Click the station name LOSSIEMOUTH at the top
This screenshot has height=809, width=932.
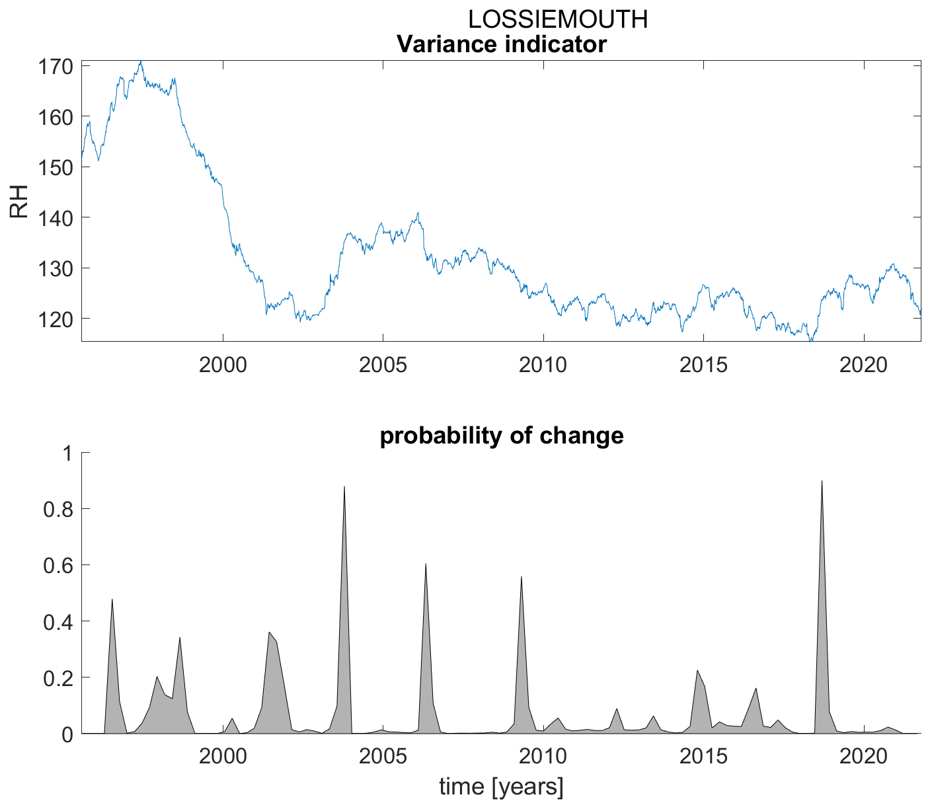[x=557, y=20]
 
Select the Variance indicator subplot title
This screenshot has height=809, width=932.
[x=501, y=45]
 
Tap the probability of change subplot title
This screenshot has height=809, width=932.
[x=502, y=436]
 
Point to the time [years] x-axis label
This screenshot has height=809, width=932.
[x=502, y=787]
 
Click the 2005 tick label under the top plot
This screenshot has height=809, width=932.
[x=383, y=364]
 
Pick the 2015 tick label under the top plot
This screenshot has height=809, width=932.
[x=703, y=364]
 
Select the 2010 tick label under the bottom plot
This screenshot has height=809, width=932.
[x=543, y=755]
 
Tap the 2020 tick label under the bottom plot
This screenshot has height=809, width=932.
[x=863, y=755]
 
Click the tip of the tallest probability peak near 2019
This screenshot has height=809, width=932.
[x=822, y=481]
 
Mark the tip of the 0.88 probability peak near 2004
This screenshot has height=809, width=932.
[x=344, y=486]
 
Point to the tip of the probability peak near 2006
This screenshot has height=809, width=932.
[x=426, y=564]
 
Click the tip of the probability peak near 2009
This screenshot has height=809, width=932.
[x=522, y=576]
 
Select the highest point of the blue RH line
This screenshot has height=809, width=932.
[x=140, y=61]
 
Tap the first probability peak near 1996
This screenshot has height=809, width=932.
[x=112, y=599]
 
